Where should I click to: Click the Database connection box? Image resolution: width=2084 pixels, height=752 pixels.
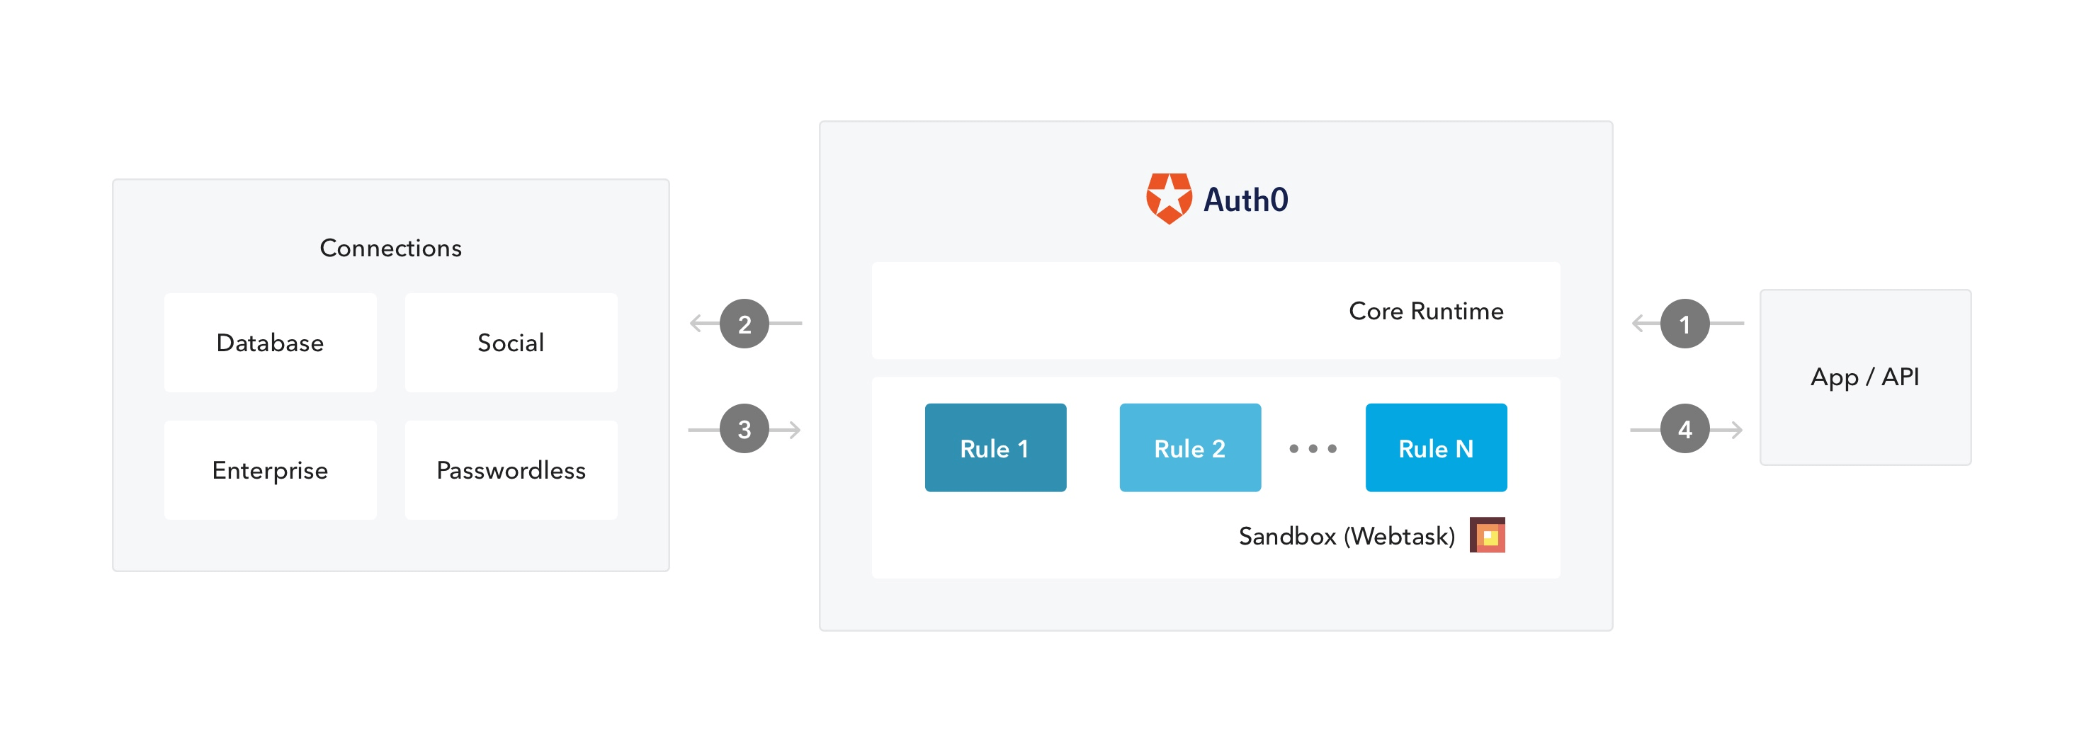pyautogui.click(x=270, y=343)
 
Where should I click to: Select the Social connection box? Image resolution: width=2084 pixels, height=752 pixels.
pyautogui.click(x=511, y=343)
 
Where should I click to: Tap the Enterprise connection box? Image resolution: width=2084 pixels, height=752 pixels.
pyautogui.click(x=270, y=469)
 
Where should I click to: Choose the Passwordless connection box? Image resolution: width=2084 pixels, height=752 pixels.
pyautogui.click(x=511, y=469)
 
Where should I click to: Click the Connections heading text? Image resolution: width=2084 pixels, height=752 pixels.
pyautogui.click(x=391, y=249)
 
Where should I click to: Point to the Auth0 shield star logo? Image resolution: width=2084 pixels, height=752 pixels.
pyautogui.click(x=1168, y=198)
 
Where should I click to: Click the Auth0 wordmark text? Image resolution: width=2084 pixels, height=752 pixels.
pyautogui.click(x=1245, y=200)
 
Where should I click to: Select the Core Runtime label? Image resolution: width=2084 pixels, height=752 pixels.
pyautogui.click(x=1425, y=312)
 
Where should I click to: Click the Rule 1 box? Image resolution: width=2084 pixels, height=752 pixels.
pyautogui.click(x=995, y=448)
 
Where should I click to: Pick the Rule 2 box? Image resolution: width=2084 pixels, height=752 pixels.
pyautogui.click(x=1189, y=448)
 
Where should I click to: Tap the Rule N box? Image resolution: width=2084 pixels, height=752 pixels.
pyautogui.click(x=1435, y=448)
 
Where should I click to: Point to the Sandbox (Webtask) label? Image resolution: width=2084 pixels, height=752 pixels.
pyautogui.click(x=1346, y=536)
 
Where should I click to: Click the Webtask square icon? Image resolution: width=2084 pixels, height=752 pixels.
pyautogui.click(x=1487, y=535)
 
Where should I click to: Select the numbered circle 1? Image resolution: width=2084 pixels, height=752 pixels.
pyautogui.click(x=1684, y=324)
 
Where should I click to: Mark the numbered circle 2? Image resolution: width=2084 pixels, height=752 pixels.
pyautogui.click(x=744, y=324)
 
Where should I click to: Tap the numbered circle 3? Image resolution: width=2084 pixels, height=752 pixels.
pyautogui.click(x=744, y=429)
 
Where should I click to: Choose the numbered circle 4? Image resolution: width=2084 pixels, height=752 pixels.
pyautogui.click(x=1684, y=429)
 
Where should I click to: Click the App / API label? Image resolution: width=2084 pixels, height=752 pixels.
pyautogui.click(x=1864, y=377)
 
